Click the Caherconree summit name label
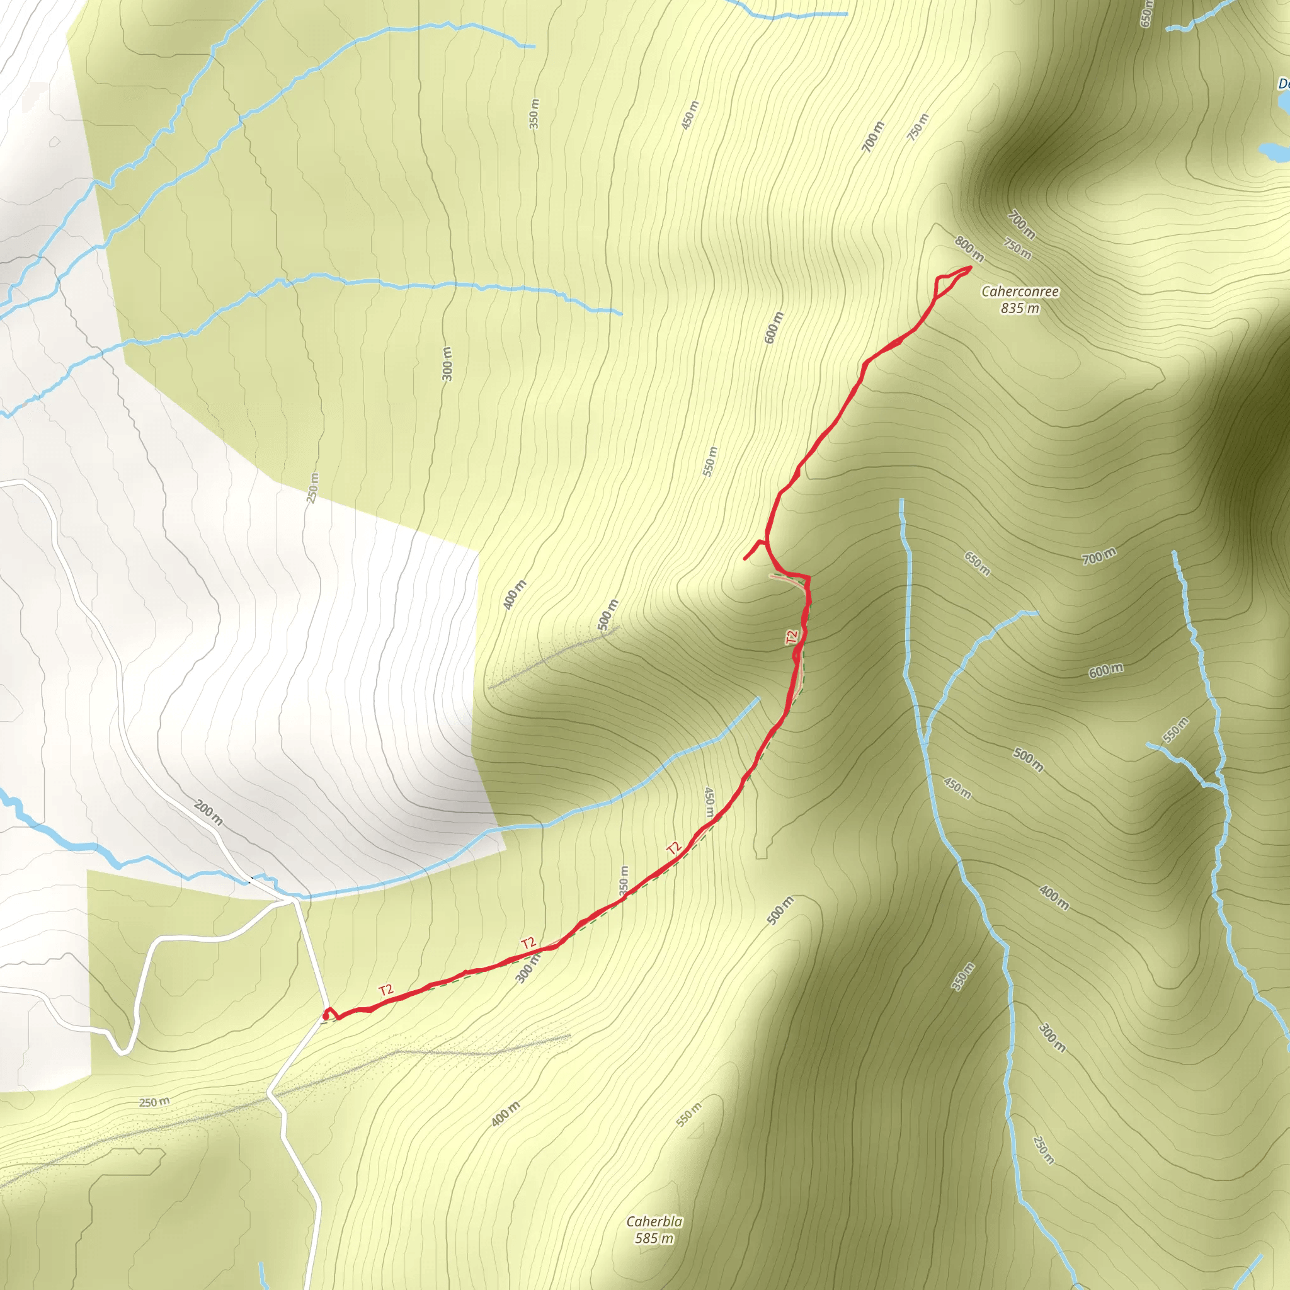coord(1020,292)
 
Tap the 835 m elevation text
coord(1020,309)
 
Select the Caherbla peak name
coord(654,1221)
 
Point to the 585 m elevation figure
coord(654,1238)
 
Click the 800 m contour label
coord(969,249)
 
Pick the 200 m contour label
coord(208,813)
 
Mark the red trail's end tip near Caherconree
coord(969,268)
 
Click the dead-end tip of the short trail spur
coord(745,558)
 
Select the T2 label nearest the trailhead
coord(386,990)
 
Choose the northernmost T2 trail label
coord(792,637)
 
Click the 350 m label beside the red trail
coord(624,881)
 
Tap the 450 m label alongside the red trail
coord(709,802)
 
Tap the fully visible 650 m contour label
coord(978,564)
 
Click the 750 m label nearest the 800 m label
coord(1018,249)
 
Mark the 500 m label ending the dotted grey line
coord(608,615)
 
